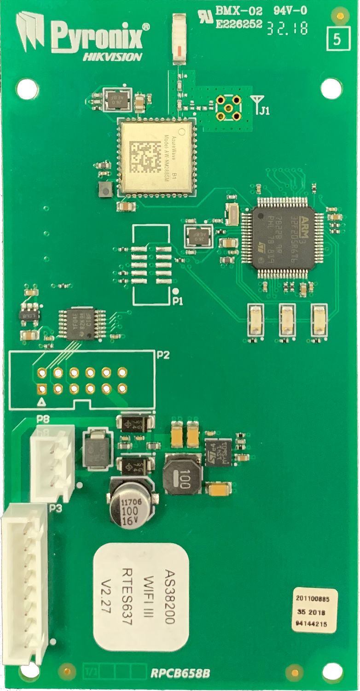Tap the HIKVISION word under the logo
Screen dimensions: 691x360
(112, 57)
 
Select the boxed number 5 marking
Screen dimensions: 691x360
(338, 39)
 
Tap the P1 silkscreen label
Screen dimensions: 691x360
(178, 301)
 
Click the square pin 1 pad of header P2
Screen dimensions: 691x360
(42, 389)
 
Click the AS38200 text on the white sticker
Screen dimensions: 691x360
(169, 597)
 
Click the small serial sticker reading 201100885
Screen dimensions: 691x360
(315, 600)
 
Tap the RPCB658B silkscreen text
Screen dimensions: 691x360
(180, 673)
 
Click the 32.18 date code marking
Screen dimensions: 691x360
(287, 29)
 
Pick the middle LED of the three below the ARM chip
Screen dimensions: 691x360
(287, 320)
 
